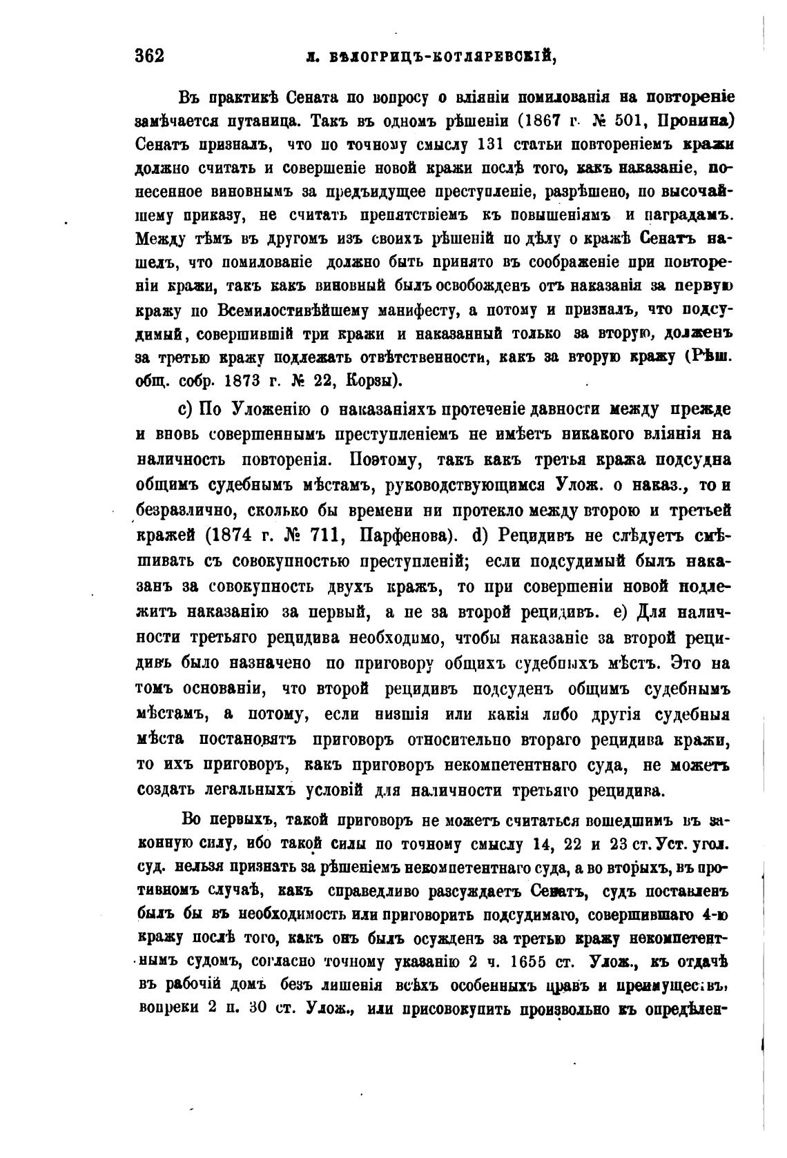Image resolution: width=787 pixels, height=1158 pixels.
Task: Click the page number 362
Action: [150, 56]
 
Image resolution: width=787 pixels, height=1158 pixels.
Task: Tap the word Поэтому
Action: [382, 460]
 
